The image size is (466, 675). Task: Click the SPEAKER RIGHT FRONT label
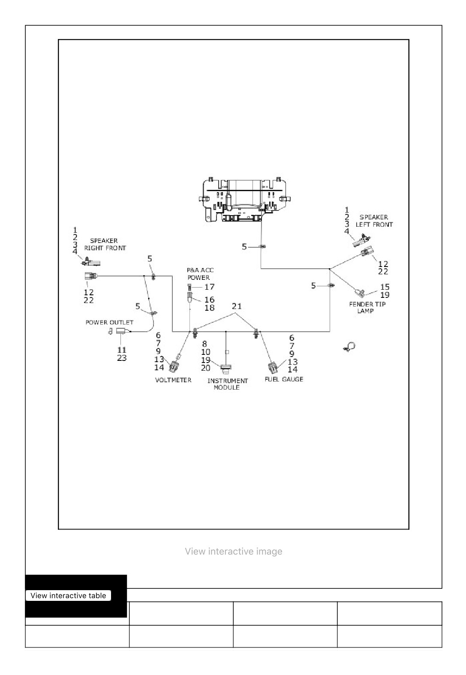[105, 244]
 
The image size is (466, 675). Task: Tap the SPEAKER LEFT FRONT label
[374, 221]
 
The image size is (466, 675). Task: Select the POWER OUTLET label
[109, 322]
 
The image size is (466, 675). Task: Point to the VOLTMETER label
[173, 380]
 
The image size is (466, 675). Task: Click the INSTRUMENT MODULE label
[228, 384]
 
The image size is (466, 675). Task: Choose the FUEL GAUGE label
[284, 379]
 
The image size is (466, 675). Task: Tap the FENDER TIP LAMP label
[367, 307]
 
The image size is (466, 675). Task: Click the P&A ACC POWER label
[200, 273]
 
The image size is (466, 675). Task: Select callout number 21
[237, 306]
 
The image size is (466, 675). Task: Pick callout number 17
[209, 287]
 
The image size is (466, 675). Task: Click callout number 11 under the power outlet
[121, 350]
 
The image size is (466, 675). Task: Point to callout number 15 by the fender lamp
[385, 287]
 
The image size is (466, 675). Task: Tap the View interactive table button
[69, 596]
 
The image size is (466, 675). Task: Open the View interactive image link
[234, 552]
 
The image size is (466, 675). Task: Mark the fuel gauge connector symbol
[273, 367]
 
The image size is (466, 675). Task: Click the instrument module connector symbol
[226, 368]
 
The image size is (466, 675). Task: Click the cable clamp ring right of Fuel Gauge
[351, 347]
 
